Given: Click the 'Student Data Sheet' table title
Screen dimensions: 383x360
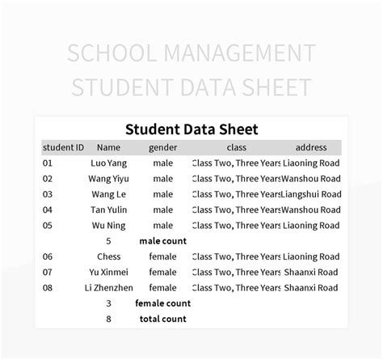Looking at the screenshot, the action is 191,129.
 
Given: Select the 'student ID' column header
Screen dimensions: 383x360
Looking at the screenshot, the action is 63,147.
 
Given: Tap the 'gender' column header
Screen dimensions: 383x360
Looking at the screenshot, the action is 162,147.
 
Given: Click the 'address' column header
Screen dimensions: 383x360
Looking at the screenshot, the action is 311,147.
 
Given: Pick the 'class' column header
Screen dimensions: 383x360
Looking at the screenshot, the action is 236,147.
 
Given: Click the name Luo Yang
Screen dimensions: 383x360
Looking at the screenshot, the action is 108,163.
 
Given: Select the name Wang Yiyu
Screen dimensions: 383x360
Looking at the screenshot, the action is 108,178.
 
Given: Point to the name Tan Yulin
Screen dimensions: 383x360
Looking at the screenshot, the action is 108,210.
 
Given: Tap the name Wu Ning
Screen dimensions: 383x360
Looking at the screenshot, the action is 108,225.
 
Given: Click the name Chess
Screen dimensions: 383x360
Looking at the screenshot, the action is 108,256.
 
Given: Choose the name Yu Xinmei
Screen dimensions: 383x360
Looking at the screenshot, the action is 108,272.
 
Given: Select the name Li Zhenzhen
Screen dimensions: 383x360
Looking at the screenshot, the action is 108,287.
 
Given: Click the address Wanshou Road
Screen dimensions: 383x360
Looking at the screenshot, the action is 312,178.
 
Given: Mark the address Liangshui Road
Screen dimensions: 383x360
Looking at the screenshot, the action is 312,194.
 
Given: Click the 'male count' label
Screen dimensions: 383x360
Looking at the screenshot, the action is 162,240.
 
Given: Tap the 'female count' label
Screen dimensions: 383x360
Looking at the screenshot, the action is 162,303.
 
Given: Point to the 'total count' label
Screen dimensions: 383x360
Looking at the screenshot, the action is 162,319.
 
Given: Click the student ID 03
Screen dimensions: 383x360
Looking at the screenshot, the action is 48,194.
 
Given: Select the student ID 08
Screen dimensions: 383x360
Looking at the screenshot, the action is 48,287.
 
